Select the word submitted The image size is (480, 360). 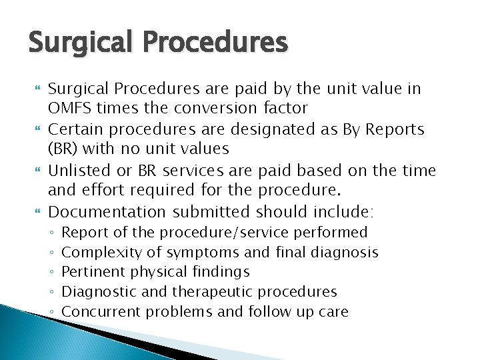pyautogui.click(x=211, y=212)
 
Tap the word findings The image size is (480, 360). pyautogui.click(x=219, y=271)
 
